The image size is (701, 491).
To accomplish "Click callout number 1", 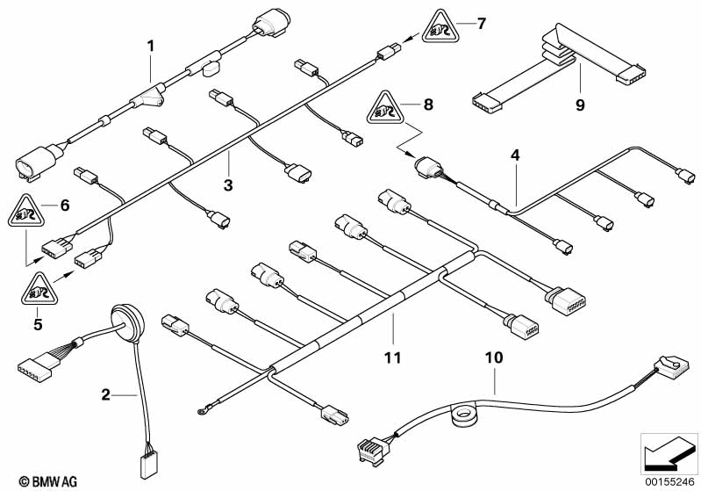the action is (x=151, y=46).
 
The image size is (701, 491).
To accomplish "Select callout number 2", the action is (x=105, y=394).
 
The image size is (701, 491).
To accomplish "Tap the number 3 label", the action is (x=228, y=184).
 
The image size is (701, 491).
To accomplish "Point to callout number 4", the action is (x=515, y=155).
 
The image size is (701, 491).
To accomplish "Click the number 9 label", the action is (x=580, y=105).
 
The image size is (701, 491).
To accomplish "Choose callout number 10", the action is (x=494, y=357).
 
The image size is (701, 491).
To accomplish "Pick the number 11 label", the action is (x=392, y=357).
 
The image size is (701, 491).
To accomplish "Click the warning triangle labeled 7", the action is (x=440, y=27).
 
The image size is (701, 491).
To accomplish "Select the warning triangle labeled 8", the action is (x=385, y=108).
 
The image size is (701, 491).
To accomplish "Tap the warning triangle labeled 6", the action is (x=26, y=212).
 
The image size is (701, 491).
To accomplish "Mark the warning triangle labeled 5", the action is (x=39, y=289).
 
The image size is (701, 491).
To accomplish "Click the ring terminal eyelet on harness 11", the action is (x=201, y=409).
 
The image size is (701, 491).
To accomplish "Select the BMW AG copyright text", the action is (x=48, y=481).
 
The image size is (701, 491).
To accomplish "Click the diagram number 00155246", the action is (x=669, y=482).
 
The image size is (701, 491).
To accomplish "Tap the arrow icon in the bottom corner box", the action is (x=669, y=453).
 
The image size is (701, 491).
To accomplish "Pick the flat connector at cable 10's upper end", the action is (x=671, y=367).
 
